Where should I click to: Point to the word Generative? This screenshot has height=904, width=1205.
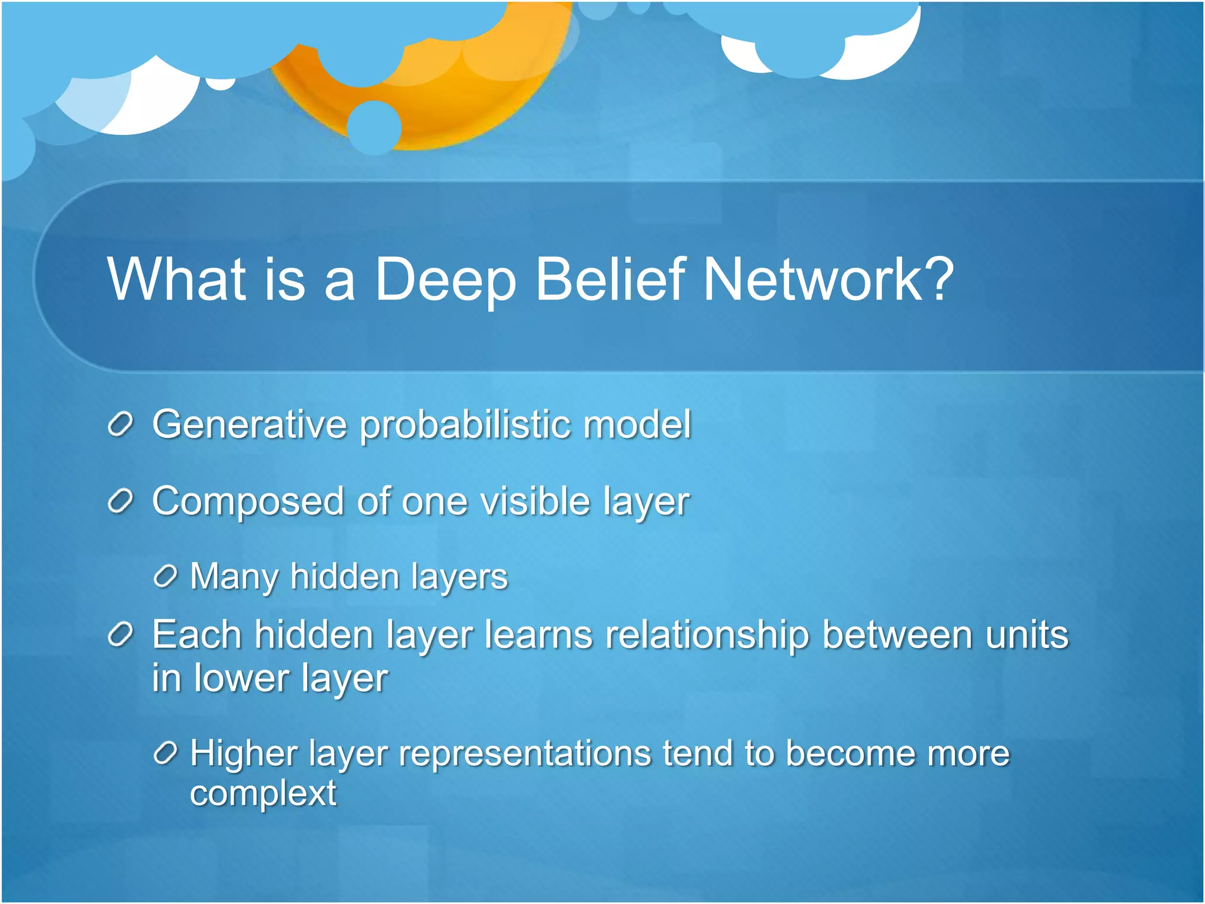249,424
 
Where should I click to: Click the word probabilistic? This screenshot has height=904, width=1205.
465,424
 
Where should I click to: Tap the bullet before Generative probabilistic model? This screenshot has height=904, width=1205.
121,424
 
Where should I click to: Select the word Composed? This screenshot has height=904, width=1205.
248,501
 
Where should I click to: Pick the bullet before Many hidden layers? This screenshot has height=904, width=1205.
165,576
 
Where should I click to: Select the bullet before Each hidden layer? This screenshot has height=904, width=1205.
121,635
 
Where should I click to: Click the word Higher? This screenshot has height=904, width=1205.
242,754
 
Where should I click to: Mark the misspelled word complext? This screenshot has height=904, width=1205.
263,793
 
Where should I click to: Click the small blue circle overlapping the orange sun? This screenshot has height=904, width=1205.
374,128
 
